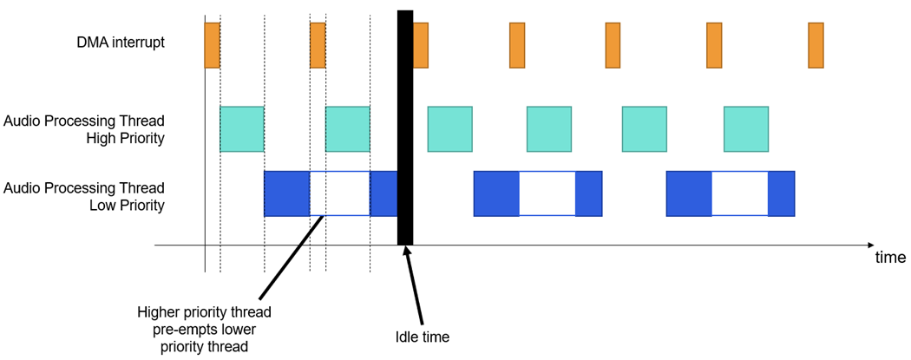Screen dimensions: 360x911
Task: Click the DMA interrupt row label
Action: [121, 42]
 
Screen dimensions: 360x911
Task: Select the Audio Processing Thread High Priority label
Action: [84, 128]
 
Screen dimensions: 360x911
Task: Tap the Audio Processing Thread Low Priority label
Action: [84, 196]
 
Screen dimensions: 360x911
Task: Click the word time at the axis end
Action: [890, 258]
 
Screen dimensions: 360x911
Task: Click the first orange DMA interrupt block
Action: [212, 45]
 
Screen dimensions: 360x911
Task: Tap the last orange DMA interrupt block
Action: [816, 45]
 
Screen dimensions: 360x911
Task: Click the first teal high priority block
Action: [242, 129]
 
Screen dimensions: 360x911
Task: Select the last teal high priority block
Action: [746, 129]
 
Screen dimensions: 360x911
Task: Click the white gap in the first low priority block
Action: [339, 193]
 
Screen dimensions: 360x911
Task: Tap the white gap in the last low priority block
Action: [739, 193]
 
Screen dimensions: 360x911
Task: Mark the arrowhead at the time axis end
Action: [869, 245]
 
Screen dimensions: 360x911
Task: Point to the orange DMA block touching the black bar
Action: [421, 45]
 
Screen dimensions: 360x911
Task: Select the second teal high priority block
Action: [347, 129]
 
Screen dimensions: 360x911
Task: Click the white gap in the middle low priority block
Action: [547, 193]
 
